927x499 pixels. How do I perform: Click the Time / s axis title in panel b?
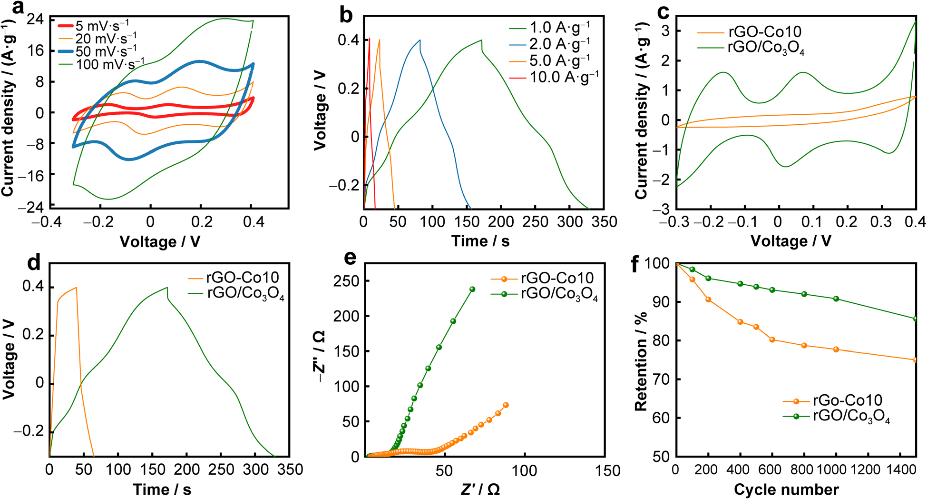[480, 241]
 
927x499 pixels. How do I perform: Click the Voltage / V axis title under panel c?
[790, 241]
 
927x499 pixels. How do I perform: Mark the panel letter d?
[34, 262]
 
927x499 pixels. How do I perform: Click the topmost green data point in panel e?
[472, 289]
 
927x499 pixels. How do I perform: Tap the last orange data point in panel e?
[506, 405]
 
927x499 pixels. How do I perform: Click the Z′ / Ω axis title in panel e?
[480, 489]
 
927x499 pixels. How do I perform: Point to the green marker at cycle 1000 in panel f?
[836, 299]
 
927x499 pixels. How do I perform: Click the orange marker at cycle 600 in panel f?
[772, 339]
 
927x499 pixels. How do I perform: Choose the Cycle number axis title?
[786, 489]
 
